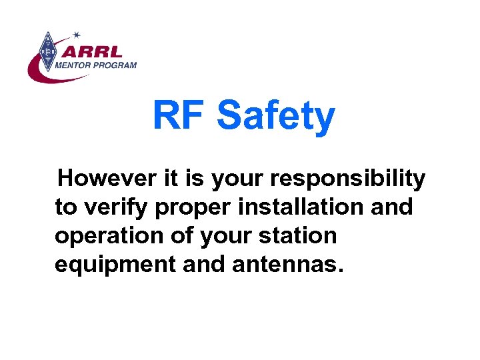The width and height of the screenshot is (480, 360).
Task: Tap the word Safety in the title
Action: (x=275, y=117)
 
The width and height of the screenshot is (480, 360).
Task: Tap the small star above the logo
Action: (x=77, y=34)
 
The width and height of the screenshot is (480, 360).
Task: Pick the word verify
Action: (x=115, y=207)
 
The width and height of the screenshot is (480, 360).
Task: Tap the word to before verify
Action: (x=65, y=207)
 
